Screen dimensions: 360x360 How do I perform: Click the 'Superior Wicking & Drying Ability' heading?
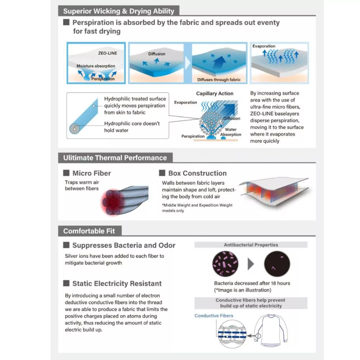(119, 11)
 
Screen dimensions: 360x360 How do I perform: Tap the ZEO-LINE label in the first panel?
(108, 53)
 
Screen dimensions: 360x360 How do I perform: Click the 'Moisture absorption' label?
(96, 66)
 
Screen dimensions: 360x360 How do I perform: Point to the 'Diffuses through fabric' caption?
(219, 80)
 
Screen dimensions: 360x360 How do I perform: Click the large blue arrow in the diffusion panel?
(219, 62)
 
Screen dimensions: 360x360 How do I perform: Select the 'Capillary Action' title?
(215, 94)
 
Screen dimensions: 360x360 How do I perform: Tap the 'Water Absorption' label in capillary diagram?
(231, 132)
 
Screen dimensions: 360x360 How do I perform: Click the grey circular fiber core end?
(75, 129)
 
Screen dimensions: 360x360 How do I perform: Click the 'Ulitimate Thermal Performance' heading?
(115, 158)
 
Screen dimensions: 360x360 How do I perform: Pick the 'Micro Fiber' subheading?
(92, 173)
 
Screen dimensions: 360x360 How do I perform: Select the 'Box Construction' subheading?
(198, 173)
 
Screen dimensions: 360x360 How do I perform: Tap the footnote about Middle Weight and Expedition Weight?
(197, 208)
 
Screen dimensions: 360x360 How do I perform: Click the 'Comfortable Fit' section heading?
(89, 231)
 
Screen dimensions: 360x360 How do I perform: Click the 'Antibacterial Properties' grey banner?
(251, 245)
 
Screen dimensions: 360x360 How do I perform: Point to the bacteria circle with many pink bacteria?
(225, 264)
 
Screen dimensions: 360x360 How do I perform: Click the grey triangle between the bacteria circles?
(251, 264)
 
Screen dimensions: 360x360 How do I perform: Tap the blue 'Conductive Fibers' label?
(214, 316)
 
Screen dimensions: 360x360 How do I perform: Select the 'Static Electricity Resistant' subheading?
(117, 284)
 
